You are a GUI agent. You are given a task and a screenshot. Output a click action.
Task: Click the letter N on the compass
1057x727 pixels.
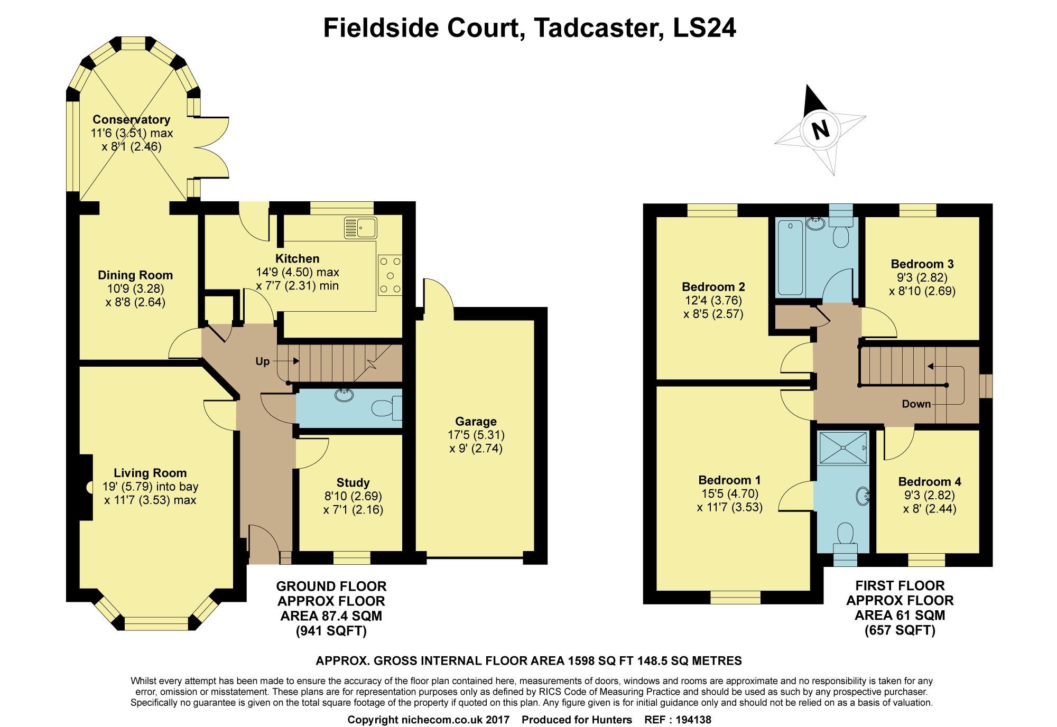tap(820, 129)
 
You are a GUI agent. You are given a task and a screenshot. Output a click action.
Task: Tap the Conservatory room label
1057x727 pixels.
tap(131, 119)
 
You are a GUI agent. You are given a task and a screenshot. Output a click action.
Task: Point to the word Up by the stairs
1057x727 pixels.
tap(263, 361)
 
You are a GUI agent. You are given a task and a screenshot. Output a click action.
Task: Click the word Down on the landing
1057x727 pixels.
tap(916, 404)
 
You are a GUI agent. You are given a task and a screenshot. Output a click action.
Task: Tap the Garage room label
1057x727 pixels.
tap(476, 422)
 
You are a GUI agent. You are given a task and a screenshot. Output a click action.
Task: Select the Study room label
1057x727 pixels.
tap(353, 482)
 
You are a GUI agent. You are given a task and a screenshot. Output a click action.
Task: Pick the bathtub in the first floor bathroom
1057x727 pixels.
tap(790, 257)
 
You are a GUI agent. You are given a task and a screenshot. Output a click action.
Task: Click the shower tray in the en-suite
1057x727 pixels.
tap(842, 448)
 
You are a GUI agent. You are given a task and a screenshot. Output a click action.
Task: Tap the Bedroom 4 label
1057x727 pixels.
tap(930, 482)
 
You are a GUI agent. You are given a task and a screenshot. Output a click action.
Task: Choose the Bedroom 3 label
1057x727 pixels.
tap(922, 264)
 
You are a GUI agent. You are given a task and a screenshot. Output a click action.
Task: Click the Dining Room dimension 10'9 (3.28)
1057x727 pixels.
tap(135, 289)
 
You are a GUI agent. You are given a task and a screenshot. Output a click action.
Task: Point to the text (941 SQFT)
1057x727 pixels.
tap(331, 631)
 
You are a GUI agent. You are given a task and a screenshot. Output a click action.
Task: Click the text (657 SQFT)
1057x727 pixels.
tap(900, 630)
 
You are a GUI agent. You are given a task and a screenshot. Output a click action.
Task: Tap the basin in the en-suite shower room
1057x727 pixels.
tap(862, 495)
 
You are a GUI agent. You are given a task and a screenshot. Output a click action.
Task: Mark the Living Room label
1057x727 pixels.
tap(150, 473)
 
